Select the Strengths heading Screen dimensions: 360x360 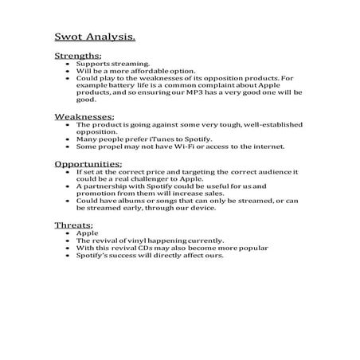coord(78,56)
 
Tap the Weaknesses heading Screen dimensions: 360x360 coord(84,116)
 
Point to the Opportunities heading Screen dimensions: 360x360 coord(88,163)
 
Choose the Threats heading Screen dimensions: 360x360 coord(73,225)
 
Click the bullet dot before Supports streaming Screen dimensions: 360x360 coord(68,64)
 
